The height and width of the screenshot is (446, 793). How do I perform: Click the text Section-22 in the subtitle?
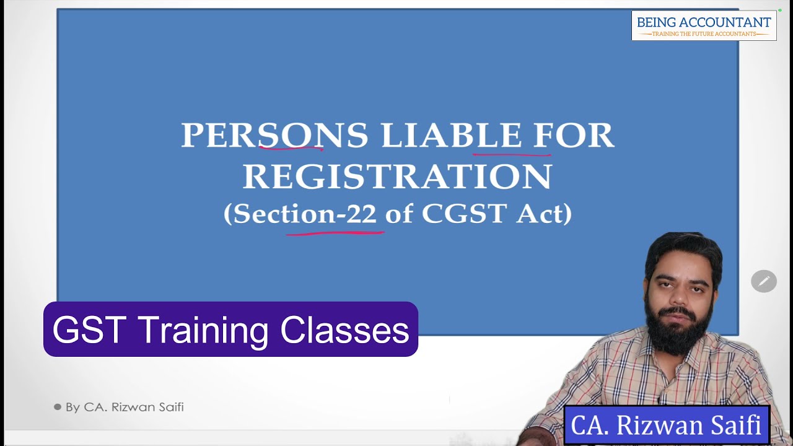click(305, 214)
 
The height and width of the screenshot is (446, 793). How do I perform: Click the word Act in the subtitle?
click(543, 214)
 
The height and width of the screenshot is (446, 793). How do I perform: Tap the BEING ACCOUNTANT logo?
click(704, 25)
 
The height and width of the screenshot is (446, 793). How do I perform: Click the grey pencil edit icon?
click(764, 281)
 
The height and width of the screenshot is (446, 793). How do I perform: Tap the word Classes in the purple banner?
click(344, 330)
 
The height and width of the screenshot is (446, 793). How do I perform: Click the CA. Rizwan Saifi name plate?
click(666, 426)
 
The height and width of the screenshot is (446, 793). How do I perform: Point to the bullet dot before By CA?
click(58, 407)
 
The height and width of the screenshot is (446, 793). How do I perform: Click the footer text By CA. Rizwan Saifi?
click(125, 407)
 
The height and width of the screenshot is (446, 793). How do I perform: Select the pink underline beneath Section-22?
click(335, 233)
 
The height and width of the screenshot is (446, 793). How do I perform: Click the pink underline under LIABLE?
click(512, 153)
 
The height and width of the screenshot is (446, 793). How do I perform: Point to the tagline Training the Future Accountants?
click(704, 34)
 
